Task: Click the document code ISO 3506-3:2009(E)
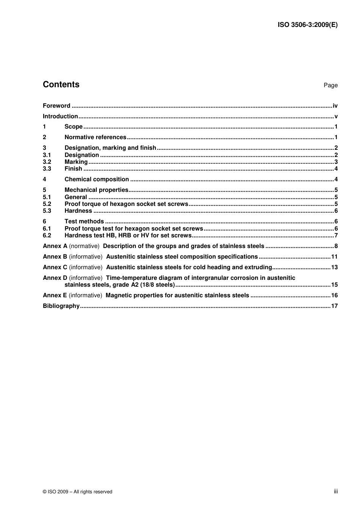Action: click(x=307, y=25)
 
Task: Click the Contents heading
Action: click(x=61, y=85)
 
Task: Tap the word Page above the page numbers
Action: click(x=330, y=85)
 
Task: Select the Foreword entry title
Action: click(x=56, y=106)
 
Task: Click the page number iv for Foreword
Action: click(x=335, y=106)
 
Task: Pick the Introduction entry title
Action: click(x=60, y=116)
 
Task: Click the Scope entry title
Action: click(x=74, y=127)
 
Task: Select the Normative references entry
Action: click(x=95, y=137)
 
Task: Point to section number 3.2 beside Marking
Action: click(x=47, y=162)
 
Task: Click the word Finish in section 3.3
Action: click(x=73, y=169)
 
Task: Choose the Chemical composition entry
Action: click(x=97, y=179)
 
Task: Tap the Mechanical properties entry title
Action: click(x=96, y=190)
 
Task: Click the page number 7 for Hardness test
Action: click(x=336, y=235)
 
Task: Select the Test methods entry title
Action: click(x=84, y=221)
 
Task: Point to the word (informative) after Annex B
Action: click(x=86, y=257)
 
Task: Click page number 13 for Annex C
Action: click(x=334, y=267)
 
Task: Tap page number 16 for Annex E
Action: click(x=334, y=295)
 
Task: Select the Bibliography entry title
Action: click(x=61, y=306)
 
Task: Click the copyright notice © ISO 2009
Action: click(x=77, y=492)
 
